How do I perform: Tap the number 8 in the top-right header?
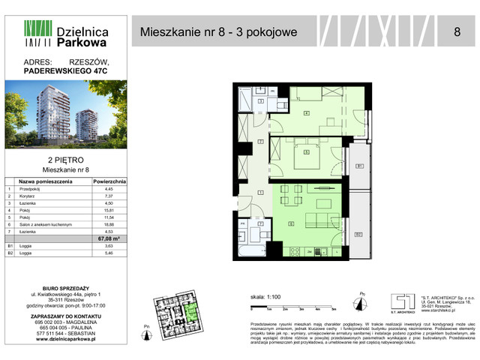(x=457, y=31)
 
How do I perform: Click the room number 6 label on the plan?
(x=291, y=223)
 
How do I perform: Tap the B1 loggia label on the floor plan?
(x=358, y=166)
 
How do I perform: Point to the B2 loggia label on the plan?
(x=358, y=235)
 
